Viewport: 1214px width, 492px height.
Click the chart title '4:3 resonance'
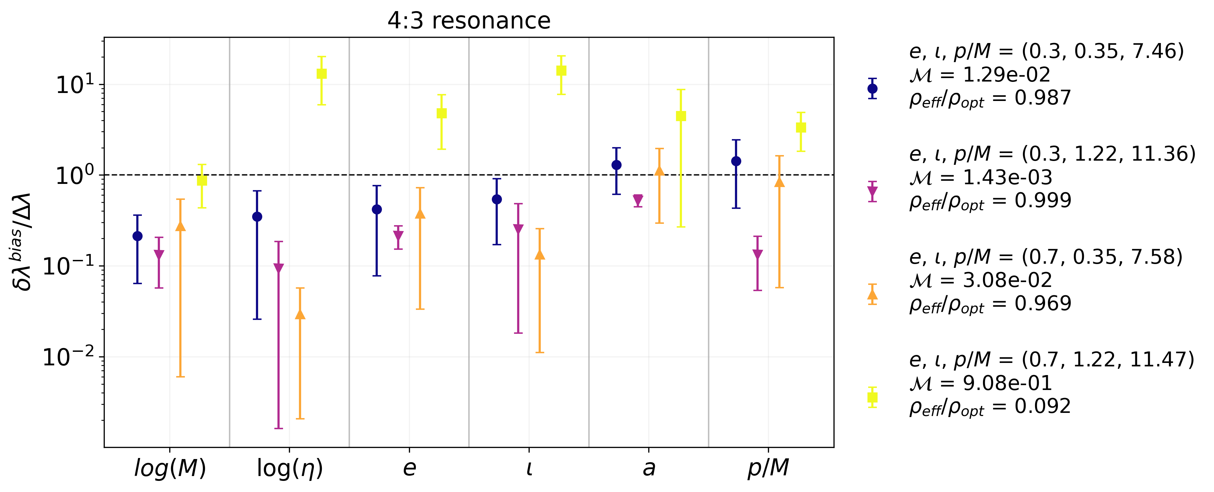click(469, 21)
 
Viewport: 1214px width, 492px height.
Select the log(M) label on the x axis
click(170, 468)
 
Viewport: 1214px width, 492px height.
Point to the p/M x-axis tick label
click(768, 468)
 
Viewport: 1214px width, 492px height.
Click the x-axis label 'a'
click(649, 468)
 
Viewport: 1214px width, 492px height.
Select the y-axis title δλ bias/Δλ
click(23, 241)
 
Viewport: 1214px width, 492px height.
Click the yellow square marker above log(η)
click(322, 74)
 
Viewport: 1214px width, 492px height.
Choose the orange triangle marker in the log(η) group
click(300, 314)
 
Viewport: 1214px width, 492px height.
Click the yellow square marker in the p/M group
click(801, 128)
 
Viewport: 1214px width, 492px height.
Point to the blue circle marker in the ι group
click(497, 200)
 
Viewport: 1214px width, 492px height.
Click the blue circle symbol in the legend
click(872, 88)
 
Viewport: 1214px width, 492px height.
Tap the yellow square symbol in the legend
click(872, 397)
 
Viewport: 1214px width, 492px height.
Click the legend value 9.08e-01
click(1007, 383)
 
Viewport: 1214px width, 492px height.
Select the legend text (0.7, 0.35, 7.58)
click(1102, 257)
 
